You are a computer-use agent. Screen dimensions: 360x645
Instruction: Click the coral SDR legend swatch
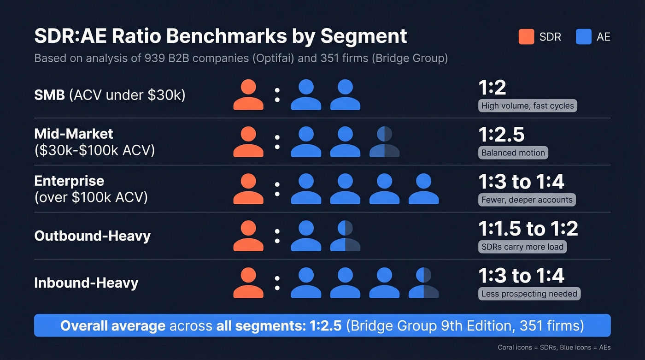coord(526,37)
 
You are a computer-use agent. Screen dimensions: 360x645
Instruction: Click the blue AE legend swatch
coord(583,37)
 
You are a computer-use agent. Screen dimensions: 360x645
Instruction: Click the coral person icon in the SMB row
coord(248,95)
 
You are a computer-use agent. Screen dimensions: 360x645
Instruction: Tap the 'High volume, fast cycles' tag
coord(528,106)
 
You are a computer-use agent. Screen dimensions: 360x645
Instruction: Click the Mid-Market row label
coord(74,134)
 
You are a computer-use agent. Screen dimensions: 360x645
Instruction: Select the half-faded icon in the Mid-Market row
coord(384,142)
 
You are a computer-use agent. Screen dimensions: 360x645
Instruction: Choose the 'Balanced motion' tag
coord(513,153)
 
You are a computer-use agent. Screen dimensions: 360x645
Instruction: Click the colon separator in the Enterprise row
coord(277,189)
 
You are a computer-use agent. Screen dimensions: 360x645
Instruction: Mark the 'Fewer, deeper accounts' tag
coord(527,200)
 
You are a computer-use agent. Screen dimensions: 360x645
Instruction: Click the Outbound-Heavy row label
coord(92,236)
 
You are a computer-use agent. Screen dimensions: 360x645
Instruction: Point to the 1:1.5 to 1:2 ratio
coord(528,229)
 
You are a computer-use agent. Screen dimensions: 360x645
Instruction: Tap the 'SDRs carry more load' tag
coord(522,247)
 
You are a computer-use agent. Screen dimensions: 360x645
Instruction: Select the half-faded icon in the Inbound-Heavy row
coord(423,283)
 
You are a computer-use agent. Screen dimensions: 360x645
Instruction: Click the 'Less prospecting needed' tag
coord(529,294)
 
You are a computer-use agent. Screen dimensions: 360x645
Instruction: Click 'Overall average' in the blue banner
coord(113,326)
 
